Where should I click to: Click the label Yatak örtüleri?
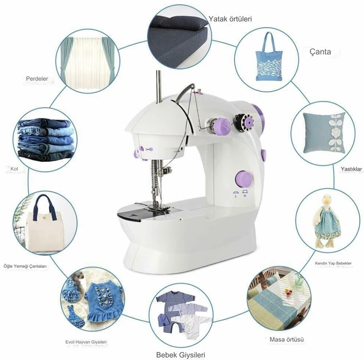coord(230,19)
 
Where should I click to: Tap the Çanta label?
coord(320,52)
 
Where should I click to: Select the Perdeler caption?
coord(37,79)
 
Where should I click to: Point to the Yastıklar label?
coord(351,169)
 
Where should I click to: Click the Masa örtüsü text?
coord(287,340)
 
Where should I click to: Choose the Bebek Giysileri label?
coord(181,355)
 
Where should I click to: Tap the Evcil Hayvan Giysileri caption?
coord(86,342)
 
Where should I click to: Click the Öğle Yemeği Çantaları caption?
coord(25,266)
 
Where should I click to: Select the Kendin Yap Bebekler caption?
coord(333,263)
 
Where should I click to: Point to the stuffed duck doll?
coord(327,220)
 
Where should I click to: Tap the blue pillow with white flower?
coord(324,133)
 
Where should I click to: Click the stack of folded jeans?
coord(45,139)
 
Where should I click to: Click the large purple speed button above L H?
coord(243,179)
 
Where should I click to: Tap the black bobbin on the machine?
coord(243,122)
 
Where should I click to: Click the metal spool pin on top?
coord(159,86)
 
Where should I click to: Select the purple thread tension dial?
coord(223,126)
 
